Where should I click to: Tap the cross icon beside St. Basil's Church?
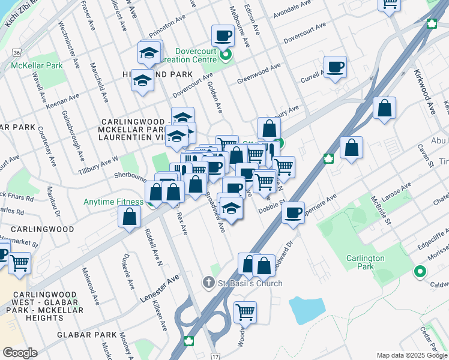pyautogui.click(x=208, y=283)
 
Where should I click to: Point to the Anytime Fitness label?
pyautogui.click(x=113, y=202)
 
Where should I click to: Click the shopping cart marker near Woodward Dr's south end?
pyautogui.click(x=245, y=312)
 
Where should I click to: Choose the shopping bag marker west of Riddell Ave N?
pyautogui.click(x=129, y=217)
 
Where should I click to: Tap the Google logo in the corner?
pyautogui.click(x=19, y=352)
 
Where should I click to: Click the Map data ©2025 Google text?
pyautogui.click(x=412, y=355)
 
